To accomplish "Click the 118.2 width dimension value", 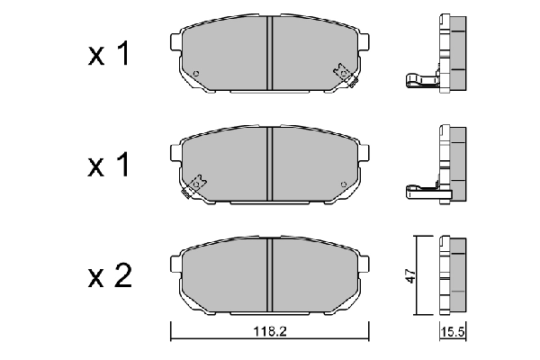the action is [270, 331].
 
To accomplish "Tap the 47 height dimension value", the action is [410, 276].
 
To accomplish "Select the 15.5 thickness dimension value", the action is [454, 332].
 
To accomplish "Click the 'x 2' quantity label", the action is [110, 275].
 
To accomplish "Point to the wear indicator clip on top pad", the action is [345, 75].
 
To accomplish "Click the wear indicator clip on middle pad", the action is [194, 186].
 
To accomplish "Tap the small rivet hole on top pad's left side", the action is [196, 73].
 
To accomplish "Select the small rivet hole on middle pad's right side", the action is [344, 184].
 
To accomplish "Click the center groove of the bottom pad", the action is [270, 275].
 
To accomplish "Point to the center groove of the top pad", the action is [270, 53].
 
